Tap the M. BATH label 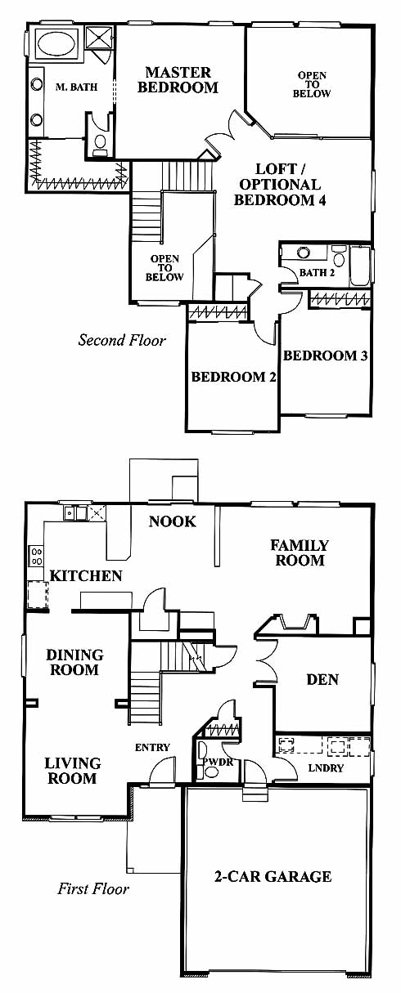point(76,87)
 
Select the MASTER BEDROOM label point(178,80)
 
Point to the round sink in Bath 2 point(304,253)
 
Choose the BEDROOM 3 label point(326,356)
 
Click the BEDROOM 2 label point(233,377)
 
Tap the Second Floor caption point(122,340)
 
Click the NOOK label point(173,521)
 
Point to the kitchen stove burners point(36,556)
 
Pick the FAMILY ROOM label point(300,552)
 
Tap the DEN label point(322,680)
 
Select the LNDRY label point(326,767)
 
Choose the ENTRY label point(152,748)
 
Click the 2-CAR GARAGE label point(273,876)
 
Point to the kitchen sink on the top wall point(74,513)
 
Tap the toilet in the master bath point(101,144)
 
